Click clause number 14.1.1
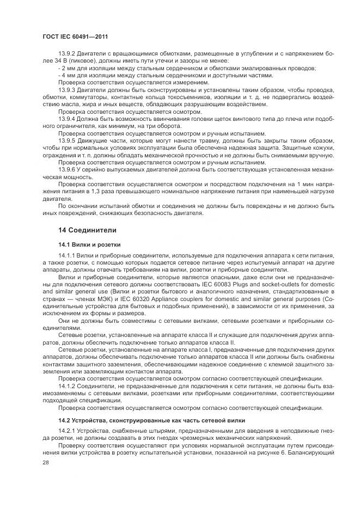pos(67,256)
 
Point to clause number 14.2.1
pos(67,432)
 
